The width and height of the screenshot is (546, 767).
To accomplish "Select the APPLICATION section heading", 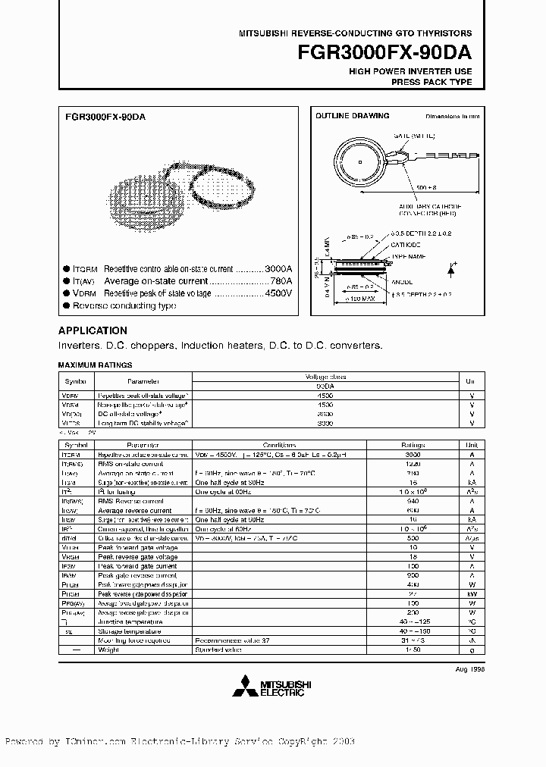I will tap(93, 331).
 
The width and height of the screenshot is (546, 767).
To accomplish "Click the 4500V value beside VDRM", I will tap(278, 293).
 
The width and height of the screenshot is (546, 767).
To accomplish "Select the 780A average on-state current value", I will tap(280, 281).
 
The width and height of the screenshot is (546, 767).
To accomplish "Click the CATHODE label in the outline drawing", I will tap(406, 245).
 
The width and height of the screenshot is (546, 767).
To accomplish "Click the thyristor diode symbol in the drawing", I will tap(452, 269).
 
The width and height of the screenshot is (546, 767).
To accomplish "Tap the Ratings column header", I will tap(413, 444).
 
